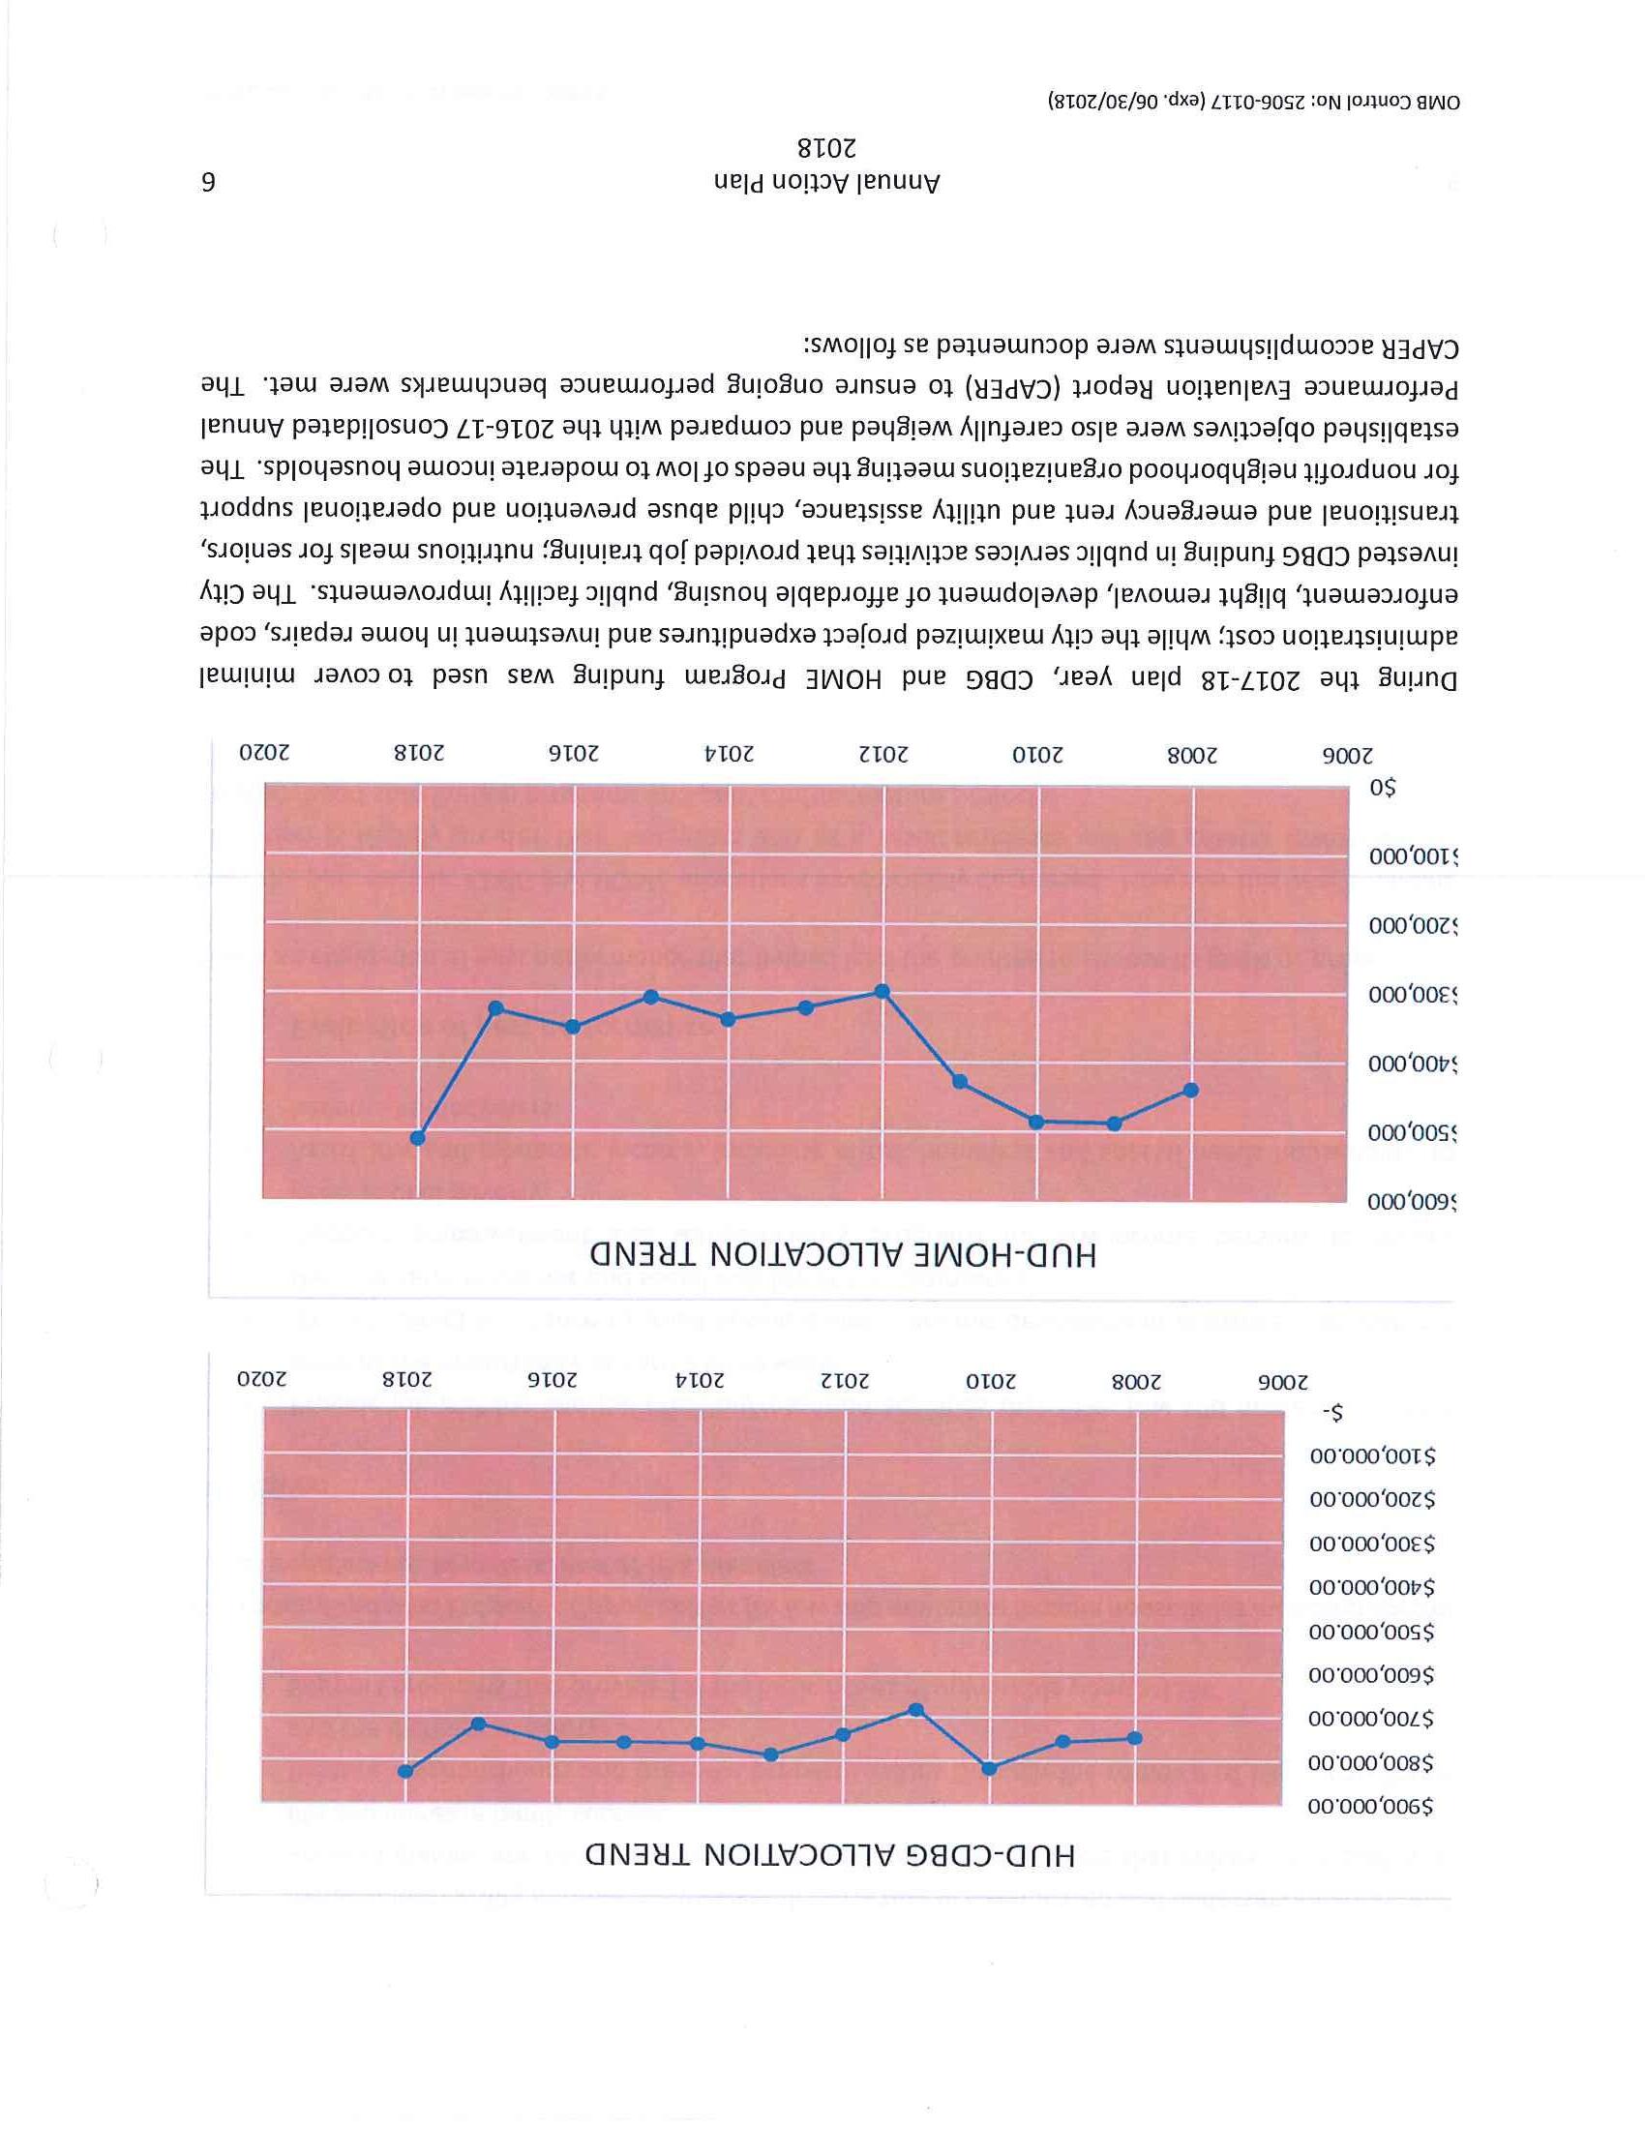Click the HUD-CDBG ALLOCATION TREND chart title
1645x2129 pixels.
pos(830,1854)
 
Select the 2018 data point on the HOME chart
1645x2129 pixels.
pos(418,1138)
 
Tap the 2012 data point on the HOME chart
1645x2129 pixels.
pos(882,991)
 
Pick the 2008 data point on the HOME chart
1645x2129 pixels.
pos(1190,1090)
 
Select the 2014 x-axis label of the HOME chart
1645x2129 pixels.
pos(730,754)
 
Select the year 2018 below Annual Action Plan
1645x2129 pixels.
pos(826,149)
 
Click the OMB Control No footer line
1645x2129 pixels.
pos(1256,102)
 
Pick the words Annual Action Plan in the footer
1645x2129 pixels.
pos(826,183)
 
